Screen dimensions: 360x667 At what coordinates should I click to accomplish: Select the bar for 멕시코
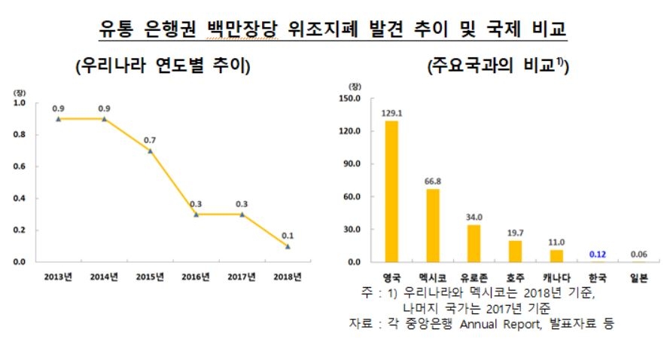(x=433, y=225)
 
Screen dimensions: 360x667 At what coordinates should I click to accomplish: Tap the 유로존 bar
(x=474, y=243)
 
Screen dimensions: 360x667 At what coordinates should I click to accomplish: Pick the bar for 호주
(x=515, y=252)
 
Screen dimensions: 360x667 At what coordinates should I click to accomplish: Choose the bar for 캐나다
(x=556, y=256)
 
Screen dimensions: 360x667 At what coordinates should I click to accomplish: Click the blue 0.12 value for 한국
(x=597, y=254)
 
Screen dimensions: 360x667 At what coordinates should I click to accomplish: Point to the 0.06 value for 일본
(x=638, y=254)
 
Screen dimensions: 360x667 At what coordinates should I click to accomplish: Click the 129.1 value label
(x=391, y=113)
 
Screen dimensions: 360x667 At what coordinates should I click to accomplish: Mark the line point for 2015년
(x=150, y=151)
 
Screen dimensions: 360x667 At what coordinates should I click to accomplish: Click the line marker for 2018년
(x=287, y=246)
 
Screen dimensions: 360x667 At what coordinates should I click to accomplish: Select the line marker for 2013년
(x=58, y=119)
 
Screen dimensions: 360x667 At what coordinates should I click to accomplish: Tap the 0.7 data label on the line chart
(x=150, y=141)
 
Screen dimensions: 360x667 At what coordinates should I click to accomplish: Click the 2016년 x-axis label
(x=195, y=276)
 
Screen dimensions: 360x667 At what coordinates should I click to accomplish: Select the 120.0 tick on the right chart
(x=351, y=131)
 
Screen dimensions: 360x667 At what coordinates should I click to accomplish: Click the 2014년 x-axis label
(x=104, y=276)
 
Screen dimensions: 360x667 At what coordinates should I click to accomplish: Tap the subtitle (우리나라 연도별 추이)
(x=163, y=66)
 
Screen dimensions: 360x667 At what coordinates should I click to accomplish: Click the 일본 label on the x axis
(x=638, y=276)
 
